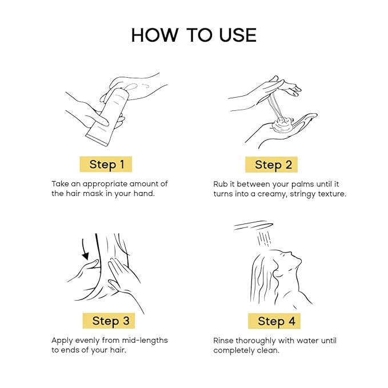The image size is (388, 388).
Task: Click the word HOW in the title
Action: [x=155, y=35]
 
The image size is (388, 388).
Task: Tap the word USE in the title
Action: [x=238, y=35]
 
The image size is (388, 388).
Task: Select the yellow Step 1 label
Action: [x=106, y=165]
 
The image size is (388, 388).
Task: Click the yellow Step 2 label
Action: [x=271, y=165]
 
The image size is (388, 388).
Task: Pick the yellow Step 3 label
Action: [x=109, y=321]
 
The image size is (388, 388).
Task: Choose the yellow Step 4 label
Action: [x=274, y=321]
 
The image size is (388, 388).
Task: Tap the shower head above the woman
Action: [x=253, y=225]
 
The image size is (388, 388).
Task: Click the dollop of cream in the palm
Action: [x=283, y=125]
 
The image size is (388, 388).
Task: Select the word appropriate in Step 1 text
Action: [x=105, y=185]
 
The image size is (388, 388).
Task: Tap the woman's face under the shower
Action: [x=290, y=262]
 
